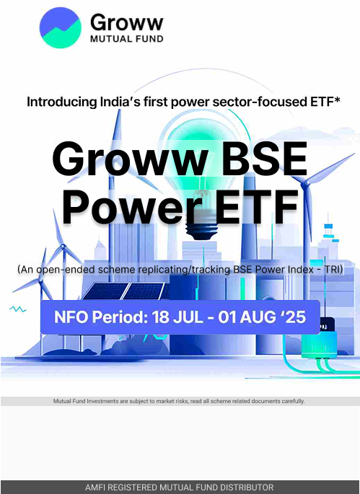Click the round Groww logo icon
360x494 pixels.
pos(60,27)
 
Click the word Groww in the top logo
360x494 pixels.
pos(127,22)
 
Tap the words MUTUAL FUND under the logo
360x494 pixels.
pos(127,39)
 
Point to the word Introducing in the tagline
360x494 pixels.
pos(62,102)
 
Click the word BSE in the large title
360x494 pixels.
pos(263,159)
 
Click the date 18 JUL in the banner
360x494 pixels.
pos(177,317)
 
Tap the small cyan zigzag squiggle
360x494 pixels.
pos(17,309)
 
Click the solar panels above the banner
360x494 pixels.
pos(125,291)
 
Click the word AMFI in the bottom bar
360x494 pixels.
pos(93,487)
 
